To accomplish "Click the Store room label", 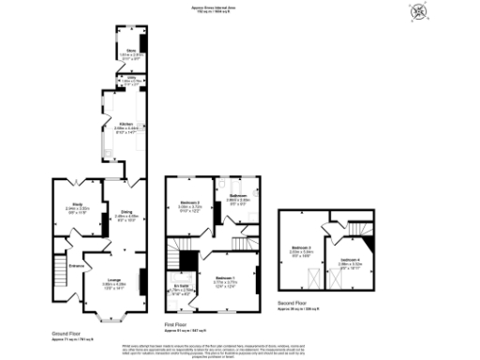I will tap(131, 51).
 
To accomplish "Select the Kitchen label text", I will tap(127, 124).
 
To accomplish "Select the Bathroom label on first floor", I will tap(237, 196).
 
